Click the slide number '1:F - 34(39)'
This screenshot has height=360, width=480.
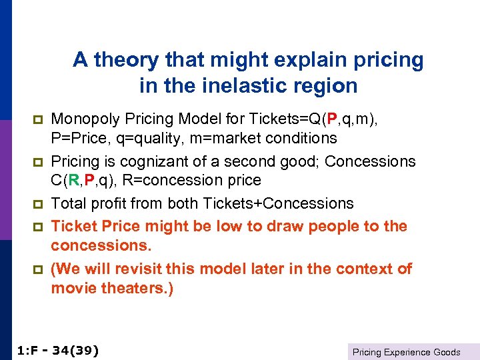point(56,349)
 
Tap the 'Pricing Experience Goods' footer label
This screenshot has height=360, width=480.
point(406,352)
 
